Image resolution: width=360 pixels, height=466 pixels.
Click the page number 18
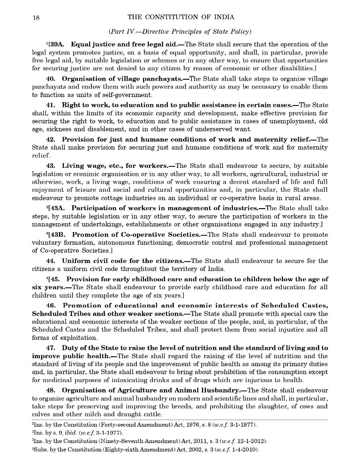point(36,17)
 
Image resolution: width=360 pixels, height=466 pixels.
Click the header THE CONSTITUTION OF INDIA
point(180,17)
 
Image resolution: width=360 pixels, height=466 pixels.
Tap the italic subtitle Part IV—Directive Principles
point(180,31)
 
